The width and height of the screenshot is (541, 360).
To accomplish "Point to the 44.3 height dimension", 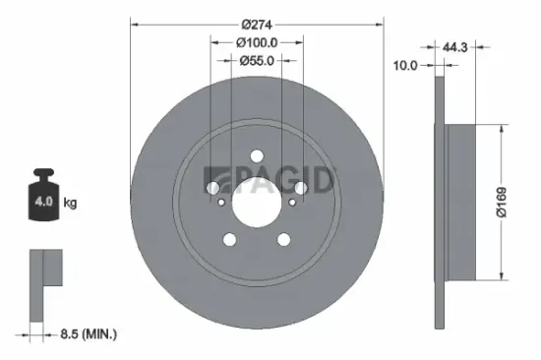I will pyautogui.click(x=454, y=46).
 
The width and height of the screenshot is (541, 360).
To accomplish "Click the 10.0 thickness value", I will pyautogui.click(x=405, y=65).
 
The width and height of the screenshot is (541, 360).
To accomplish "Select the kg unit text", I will pyautogui.click(x=71, y=203).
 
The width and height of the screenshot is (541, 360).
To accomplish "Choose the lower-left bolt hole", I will pyautogui.click(x=229, y=239).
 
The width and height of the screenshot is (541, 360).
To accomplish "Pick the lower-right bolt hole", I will pyautogui.click(x=283, y=239).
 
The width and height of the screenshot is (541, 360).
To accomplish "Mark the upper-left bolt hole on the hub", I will pyautogui.click(x=211, y=187).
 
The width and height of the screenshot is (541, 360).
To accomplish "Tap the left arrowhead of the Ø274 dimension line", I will pyautogui.click(x=134, y=25).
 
